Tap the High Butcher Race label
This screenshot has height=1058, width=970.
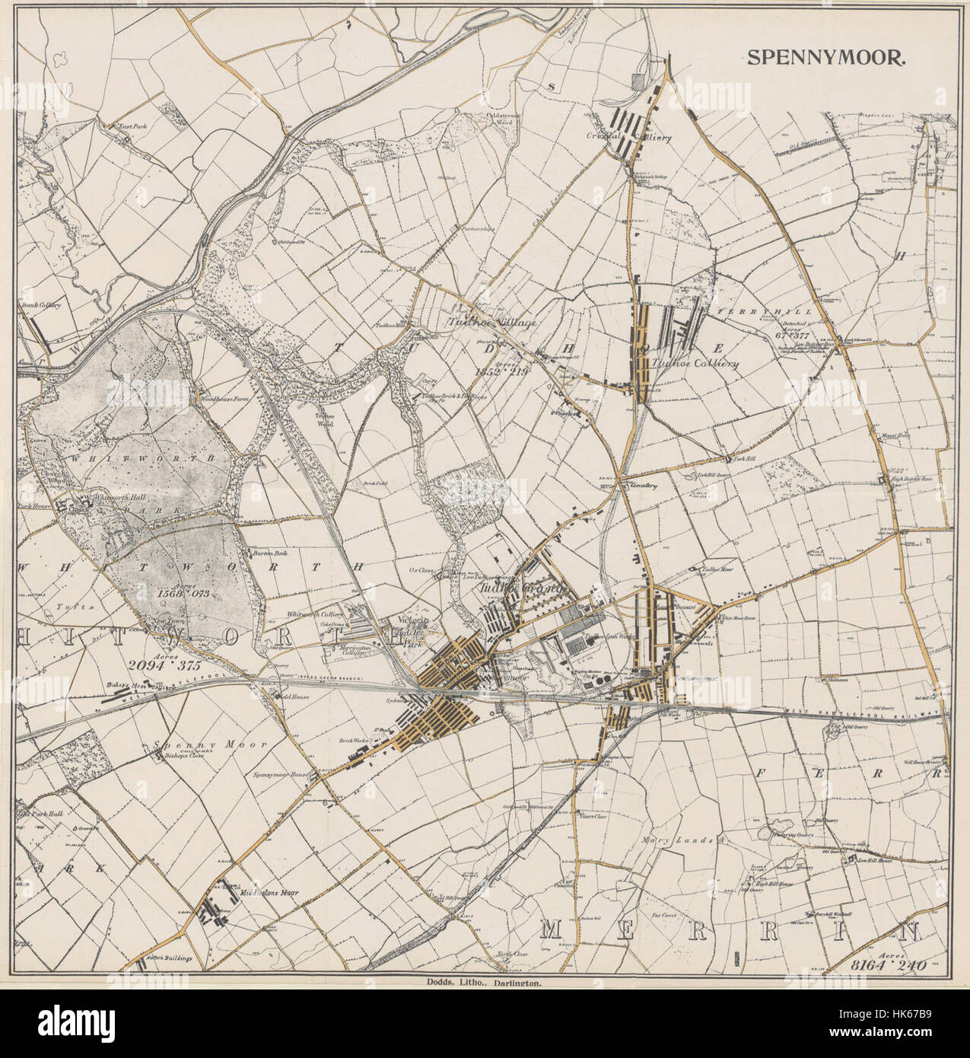click(x=917, y=478)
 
